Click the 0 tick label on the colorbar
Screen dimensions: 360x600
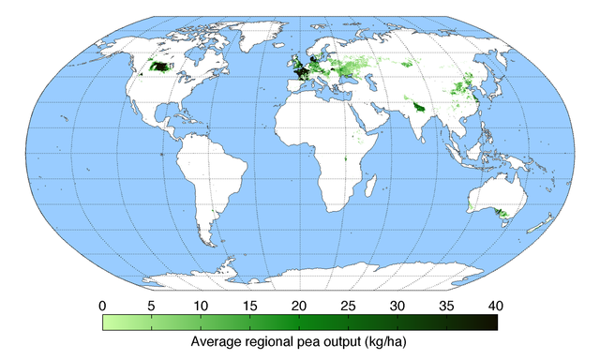pyautogui.click(x=102, y=306)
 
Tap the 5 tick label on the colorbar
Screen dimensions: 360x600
pyautogui.click(x=151, y=306)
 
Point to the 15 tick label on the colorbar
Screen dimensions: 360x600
pyautogui.click(x=249, y=306)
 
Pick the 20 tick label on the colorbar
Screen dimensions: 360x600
pyautogui.click(x=299, y=306)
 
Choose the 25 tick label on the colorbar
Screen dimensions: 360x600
pyautogui.click(x=349, y=306)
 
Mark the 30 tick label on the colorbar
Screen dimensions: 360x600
pyautogui.click(x=397, y=306)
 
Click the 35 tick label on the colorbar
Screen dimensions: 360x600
pyautogui.click(x=447, y=306)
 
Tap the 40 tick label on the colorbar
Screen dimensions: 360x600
pyautogui.click(x=496, y=306)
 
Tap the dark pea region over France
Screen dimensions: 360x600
pyautogui.click(x=302, y=74)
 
